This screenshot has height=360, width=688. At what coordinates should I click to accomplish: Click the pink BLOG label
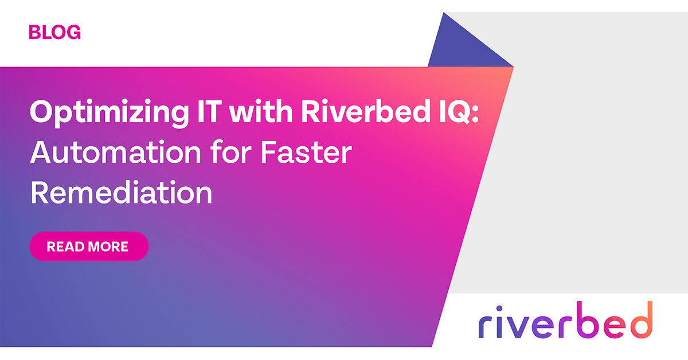(x=54, y=32)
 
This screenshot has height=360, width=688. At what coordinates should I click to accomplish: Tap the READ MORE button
(x=89, y=246)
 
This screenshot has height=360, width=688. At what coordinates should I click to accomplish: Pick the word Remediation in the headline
(x=121, y=193)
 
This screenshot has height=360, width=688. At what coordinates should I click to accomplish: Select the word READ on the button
(x=62, y=247)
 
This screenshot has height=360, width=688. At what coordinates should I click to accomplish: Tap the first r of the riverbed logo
(x=486, y=325)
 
